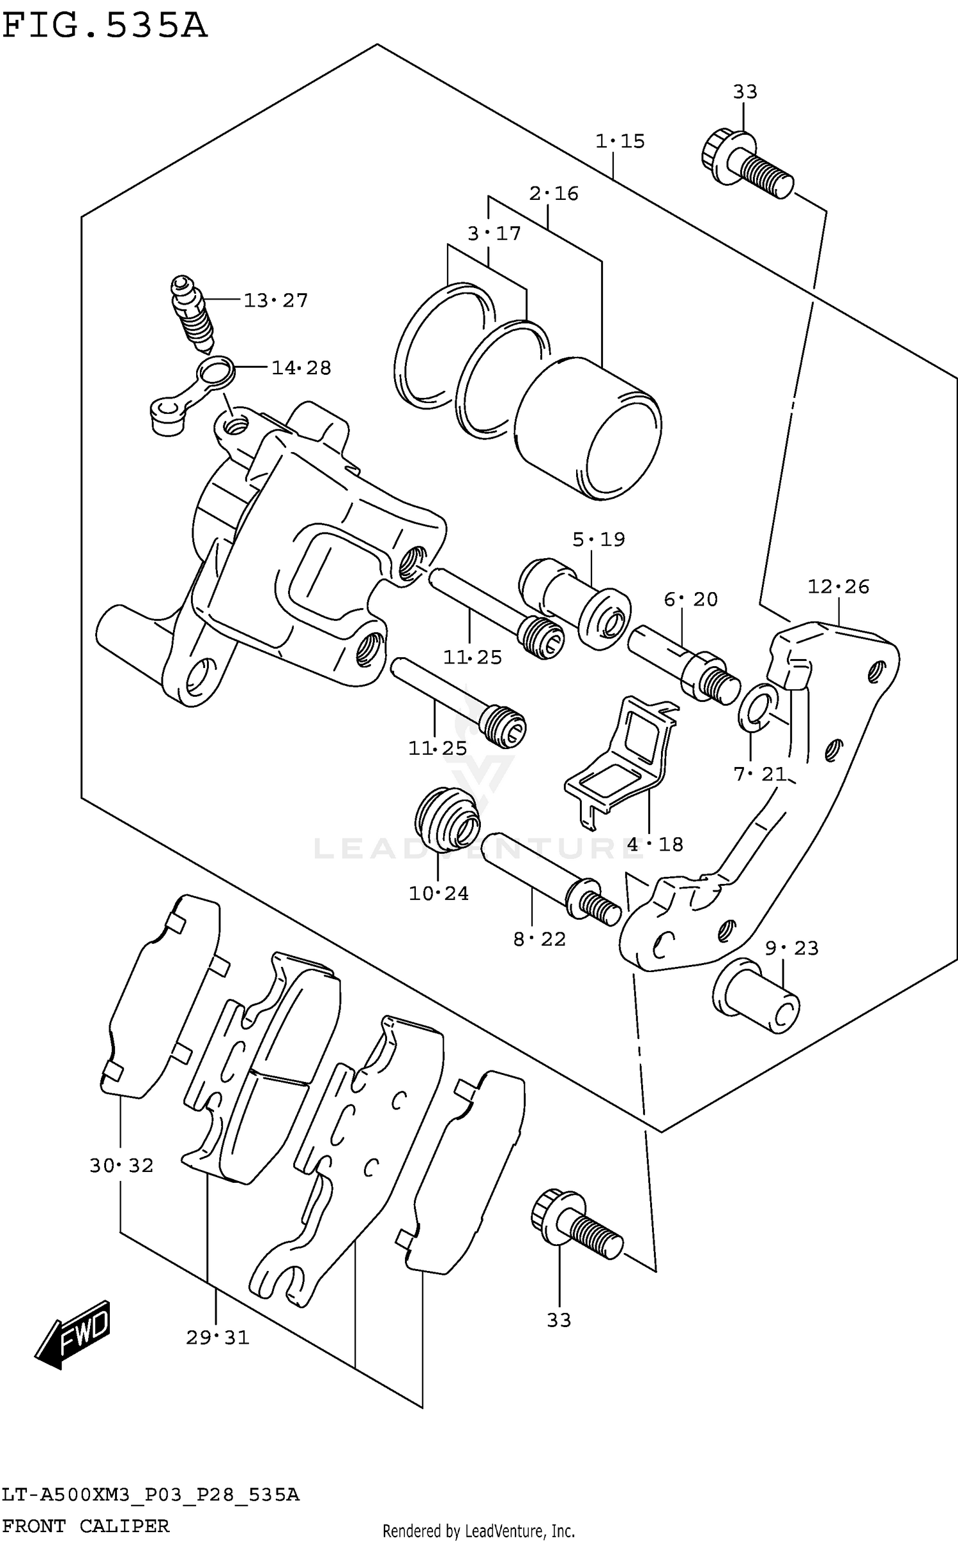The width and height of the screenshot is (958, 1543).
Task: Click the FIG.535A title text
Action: pyautogui.click(x=105, y=27)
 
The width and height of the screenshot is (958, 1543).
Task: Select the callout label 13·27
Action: pyautogui.click(x=275, y=300)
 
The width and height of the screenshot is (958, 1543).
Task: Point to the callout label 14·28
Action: pyautogui.click(x=301, y=368)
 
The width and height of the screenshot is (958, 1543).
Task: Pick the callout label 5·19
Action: pyautogui.click(x=598, y=540)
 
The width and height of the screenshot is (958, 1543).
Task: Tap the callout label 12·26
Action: pyautogui.click(x=838, y=586)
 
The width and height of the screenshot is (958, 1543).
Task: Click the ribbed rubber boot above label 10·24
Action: pyautogui.click(x=447, y=819)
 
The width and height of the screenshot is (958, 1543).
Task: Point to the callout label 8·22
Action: pyautogui.click(x=540, y=939)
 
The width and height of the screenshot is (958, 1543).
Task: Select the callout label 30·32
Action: pyautogui.click(x=121, y=1166)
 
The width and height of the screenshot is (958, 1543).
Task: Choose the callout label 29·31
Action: pyautogui.click(x=217, y=1337)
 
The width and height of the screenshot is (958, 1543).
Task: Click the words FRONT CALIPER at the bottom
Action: pyautogui.click(x=86, y=1526)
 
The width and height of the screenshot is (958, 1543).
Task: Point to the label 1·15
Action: pyautogui.click(x=620, y=141)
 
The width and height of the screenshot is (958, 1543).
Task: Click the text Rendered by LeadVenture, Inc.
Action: pyautogui.click(x=478, y=1531)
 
